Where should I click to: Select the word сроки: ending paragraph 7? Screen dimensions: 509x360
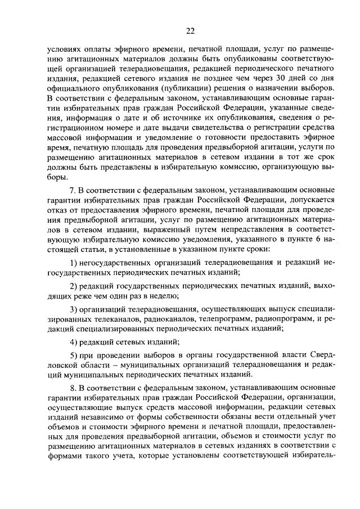point(256,248)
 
